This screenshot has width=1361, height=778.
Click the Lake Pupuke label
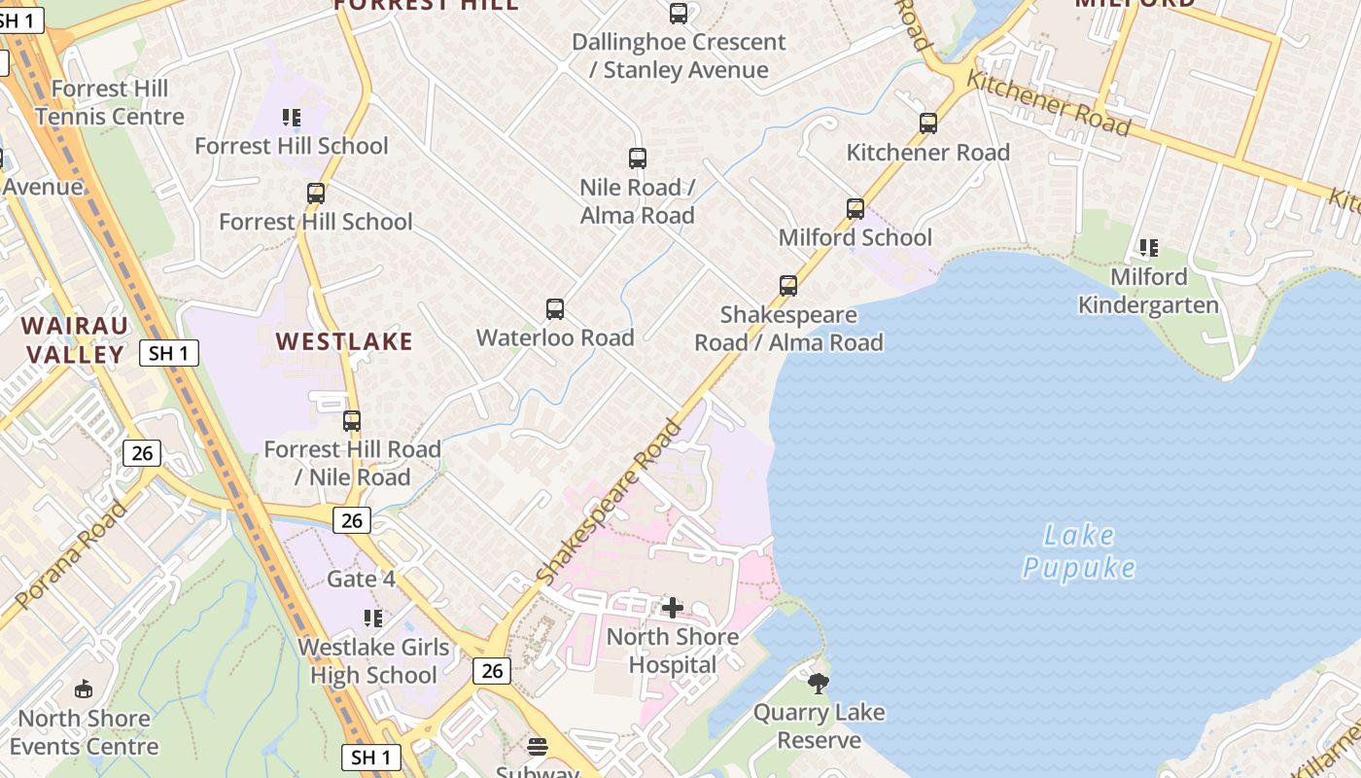point(1079,550)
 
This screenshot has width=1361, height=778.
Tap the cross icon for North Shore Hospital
point(672,608)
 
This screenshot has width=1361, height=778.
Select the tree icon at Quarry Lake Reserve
point(819,683)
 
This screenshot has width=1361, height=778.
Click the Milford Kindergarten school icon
point(1149,248)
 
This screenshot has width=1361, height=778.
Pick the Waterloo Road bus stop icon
point(555,309)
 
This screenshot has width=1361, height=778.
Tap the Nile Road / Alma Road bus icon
point(638,159)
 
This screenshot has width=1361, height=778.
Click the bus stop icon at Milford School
point(855,209)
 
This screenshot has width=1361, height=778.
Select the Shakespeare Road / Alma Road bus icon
point(788,286)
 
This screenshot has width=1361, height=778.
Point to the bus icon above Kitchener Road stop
point(928,124)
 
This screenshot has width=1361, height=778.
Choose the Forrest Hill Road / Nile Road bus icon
point(352,421)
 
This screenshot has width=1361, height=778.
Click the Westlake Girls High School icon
point(372,619)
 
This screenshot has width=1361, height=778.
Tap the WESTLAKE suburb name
point(344,341)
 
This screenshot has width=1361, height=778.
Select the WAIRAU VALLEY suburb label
point(76,339)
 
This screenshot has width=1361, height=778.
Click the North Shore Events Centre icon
point(84,690)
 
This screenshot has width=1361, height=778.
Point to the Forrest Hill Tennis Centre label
point(110,103)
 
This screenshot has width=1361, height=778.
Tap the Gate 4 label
point(361,579)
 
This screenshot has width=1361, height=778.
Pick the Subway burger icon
point(538,746)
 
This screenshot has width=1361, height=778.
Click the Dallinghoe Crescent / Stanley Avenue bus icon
point(679,14)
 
